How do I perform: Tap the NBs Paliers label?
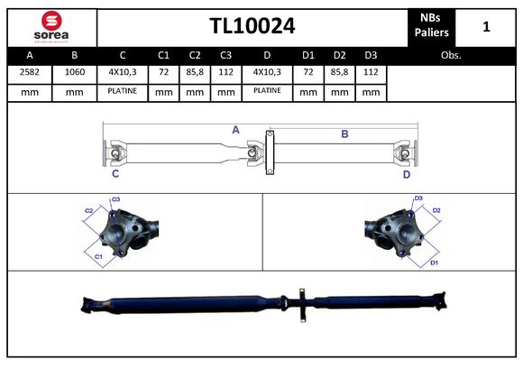coord(433,26)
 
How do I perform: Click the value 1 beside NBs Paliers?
coord(486,26)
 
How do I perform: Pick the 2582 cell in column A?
coord(30,71)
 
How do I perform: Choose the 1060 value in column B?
coord(76,71)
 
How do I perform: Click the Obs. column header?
coord(451,55)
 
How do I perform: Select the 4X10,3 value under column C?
coord(123,71)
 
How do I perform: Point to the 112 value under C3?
coord(225,71)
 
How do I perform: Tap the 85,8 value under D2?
coord(339,71)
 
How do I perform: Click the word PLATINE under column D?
coord(267,91)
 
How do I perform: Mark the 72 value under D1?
coord(308,71)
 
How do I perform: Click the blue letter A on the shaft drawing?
coord(235,130)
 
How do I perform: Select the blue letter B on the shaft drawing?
coord(344,134)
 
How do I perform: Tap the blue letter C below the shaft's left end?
coord(115,174)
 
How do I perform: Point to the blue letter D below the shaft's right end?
coord(407,174)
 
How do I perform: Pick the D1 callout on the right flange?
coord(434,263)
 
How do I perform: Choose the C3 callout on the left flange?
coord(116,199)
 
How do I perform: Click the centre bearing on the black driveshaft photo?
coord(300,302)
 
